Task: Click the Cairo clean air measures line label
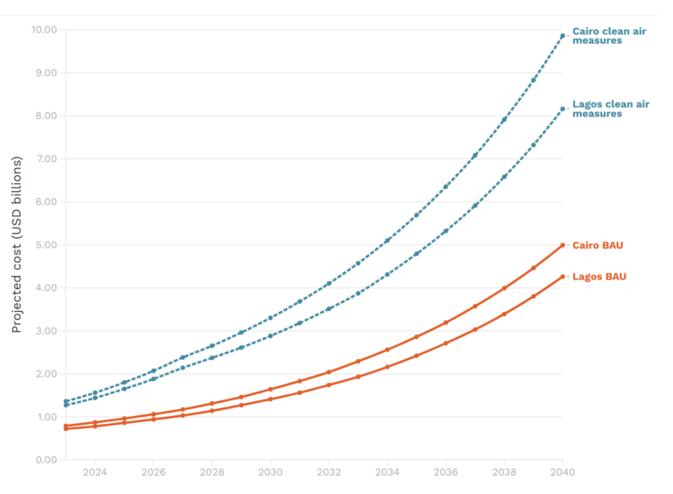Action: coord(611,36)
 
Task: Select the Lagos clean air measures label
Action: coord(611,109)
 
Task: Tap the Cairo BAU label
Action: coord(598,245)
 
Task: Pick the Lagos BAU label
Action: coord(599,277)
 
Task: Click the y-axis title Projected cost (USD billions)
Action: coord(17,245)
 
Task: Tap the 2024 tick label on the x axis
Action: coord(95,473)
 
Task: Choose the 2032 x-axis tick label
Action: coord(329,473)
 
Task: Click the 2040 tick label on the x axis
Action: coord(563,473)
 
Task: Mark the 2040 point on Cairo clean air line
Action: coord(563,36)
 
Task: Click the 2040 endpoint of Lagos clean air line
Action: coord(563,109)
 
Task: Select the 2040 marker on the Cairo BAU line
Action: coord(563,245)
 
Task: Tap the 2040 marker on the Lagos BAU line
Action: coord(563,277)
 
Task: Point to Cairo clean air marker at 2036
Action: coord(445,187)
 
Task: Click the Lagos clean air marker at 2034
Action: coord(387,274)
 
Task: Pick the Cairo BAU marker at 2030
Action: coord(270,389)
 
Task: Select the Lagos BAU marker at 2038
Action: coord(504,314)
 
